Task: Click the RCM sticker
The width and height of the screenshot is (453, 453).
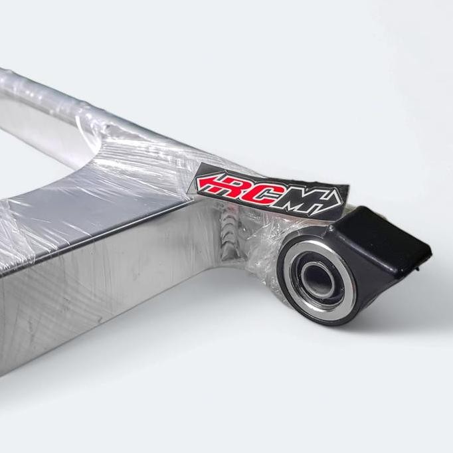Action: point(270,187)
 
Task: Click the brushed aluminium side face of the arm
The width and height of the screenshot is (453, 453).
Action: point(100,292)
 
